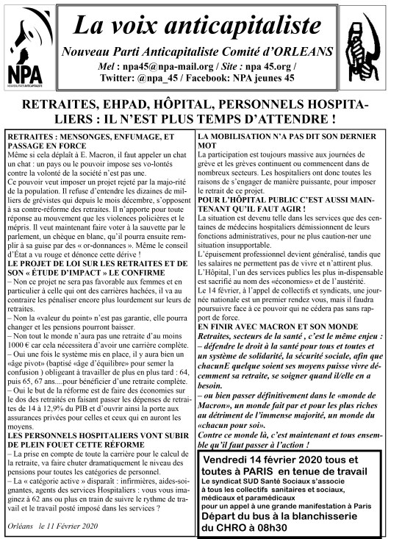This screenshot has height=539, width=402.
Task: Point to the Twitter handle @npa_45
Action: click(x=151, y=76)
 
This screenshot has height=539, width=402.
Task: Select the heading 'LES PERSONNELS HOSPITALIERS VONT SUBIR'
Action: click(x=96, y=414)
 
